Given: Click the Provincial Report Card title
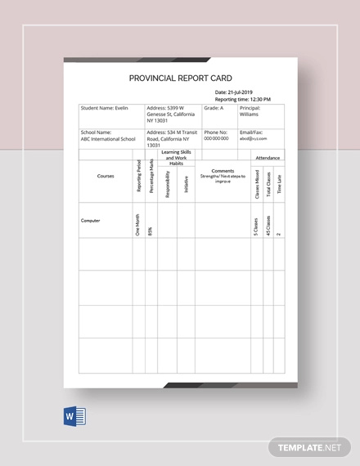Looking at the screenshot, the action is pos(181,78).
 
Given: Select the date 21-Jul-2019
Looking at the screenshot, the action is pos(236,92).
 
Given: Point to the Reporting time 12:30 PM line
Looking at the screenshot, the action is pos(243,99).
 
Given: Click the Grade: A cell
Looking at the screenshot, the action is pos(212,107).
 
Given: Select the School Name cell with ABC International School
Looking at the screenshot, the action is pos(109,135).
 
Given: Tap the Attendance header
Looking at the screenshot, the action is pos(267,156).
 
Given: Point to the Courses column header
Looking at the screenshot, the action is pos(106,176).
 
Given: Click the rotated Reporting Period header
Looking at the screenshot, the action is pos(138,181).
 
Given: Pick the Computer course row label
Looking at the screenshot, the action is pos(90,221).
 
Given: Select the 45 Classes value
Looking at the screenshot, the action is pos(268,224).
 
